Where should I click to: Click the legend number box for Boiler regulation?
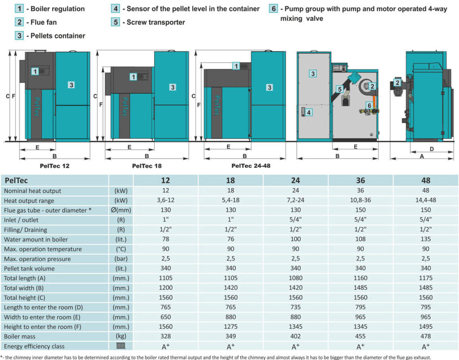tap(20, 9)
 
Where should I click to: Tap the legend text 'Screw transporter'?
tap(156, 22)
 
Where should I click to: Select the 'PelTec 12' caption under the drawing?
tap(54, 166)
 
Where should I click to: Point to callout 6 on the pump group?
tap(369, 105)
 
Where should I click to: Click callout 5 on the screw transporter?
tap(339, 90)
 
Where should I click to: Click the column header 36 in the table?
tap(360, 180)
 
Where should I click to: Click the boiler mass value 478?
tap(425, 337)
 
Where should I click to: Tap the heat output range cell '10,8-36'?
tap(360, 201)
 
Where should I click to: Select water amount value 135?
tap(425, 239)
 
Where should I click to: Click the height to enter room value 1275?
tap(230, 327)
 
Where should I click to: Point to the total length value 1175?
tap(425, 278)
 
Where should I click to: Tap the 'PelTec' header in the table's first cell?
tap(17, 180)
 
